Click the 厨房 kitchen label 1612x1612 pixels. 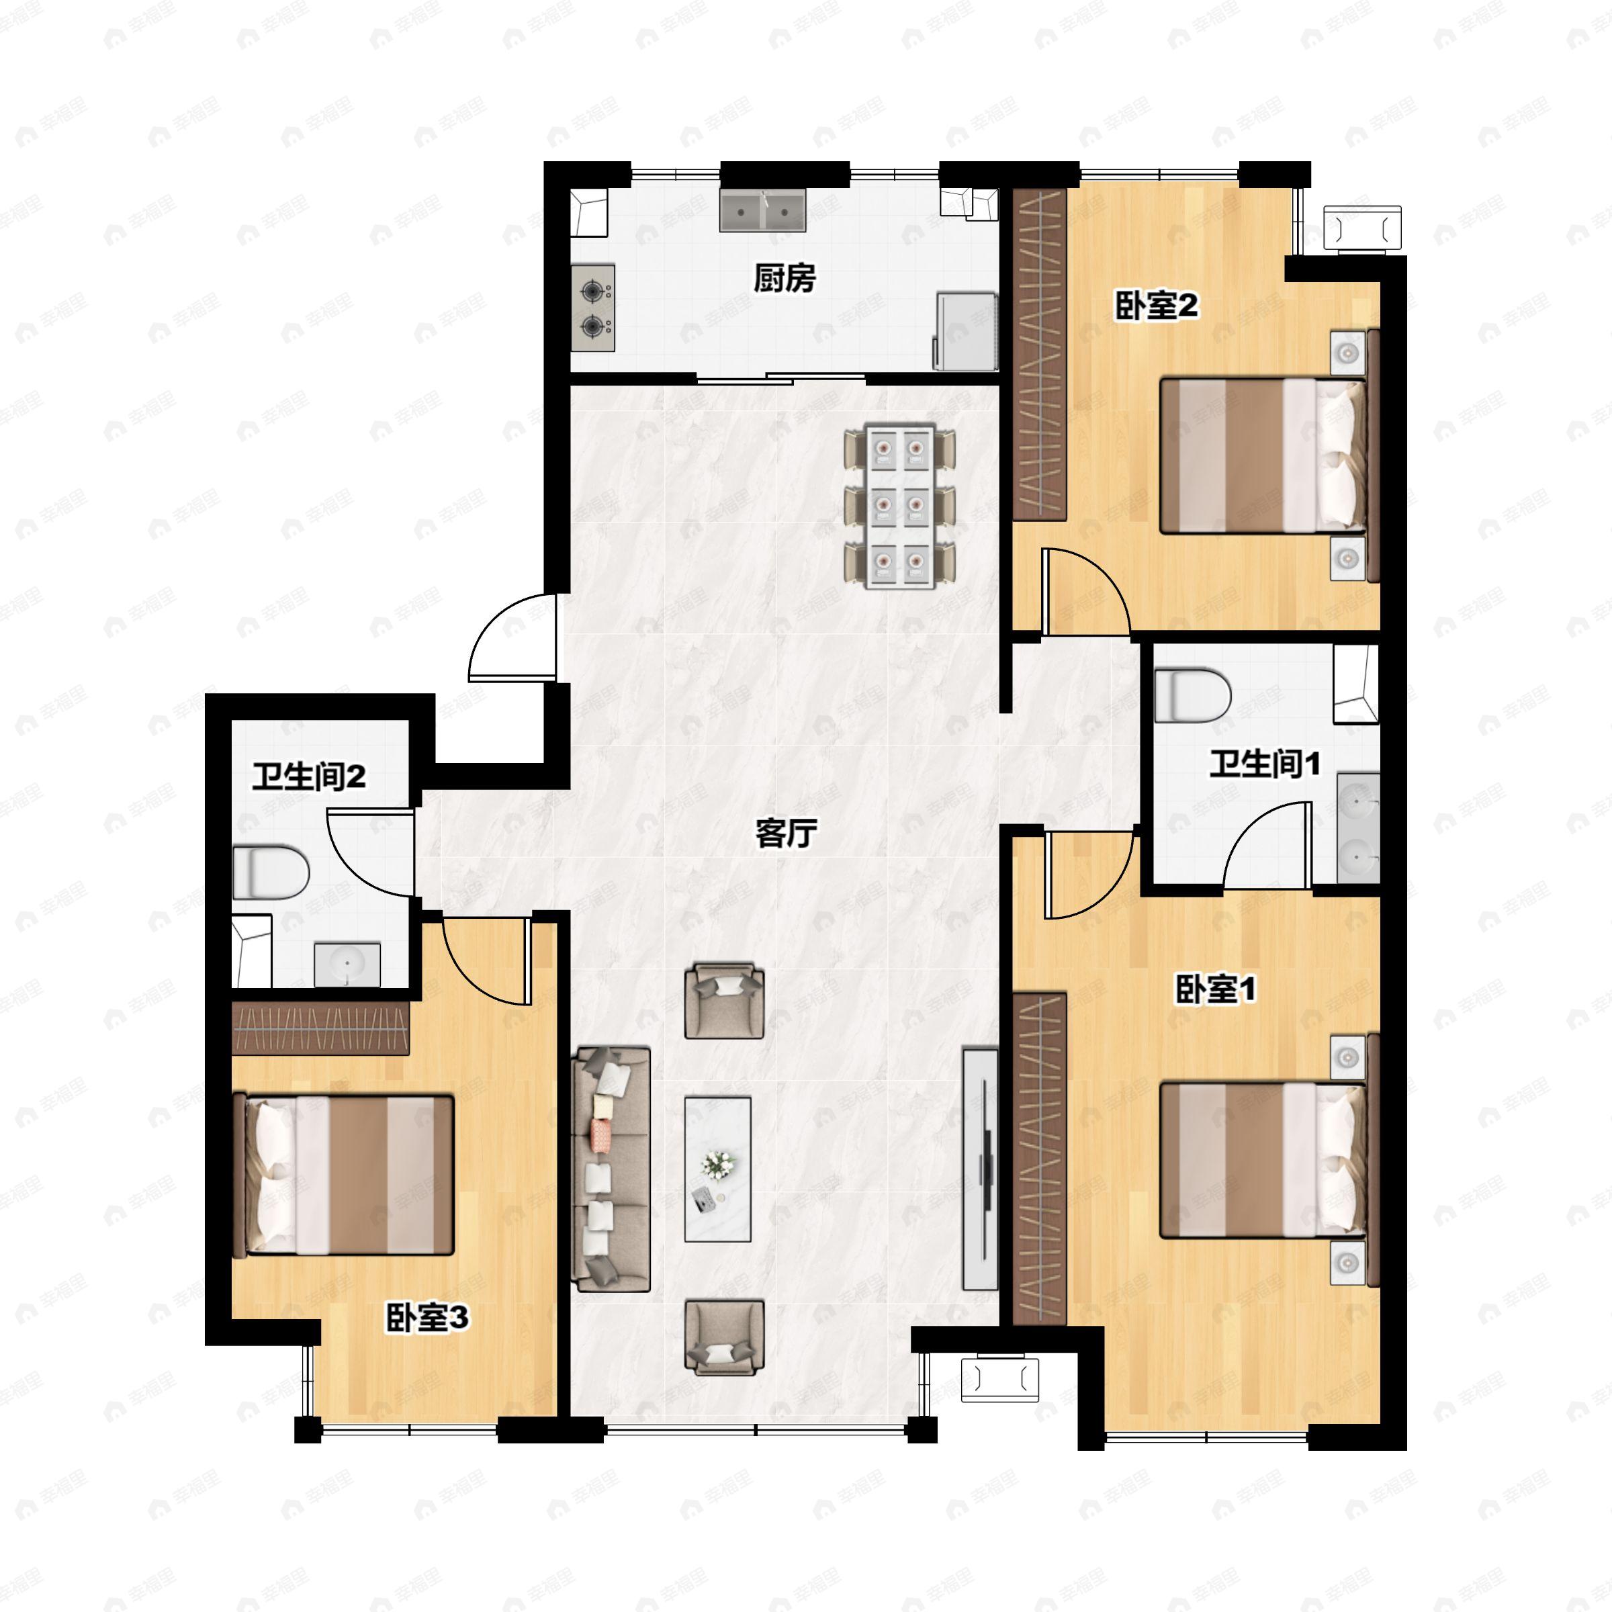tap(785, 279)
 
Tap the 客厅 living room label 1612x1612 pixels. tap(785, 832)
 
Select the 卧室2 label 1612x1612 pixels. tap(1157, 306)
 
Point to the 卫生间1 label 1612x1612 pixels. tap(1264, 764)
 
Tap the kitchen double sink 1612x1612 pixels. tap(762, 211)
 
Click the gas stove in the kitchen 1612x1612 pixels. tap(593, 308)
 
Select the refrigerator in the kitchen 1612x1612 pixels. tap(967, 330)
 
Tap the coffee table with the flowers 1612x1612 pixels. tap(717, 1169)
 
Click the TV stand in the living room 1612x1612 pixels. tap(981, 1168)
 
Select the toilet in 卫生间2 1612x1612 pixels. tap(269, 872)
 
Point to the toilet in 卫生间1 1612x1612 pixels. tap(1192, 695)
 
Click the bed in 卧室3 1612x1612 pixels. tap(345, 1175)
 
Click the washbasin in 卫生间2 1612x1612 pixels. tap(347, 965)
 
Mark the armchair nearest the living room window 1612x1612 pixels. tap(724, 1337)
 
